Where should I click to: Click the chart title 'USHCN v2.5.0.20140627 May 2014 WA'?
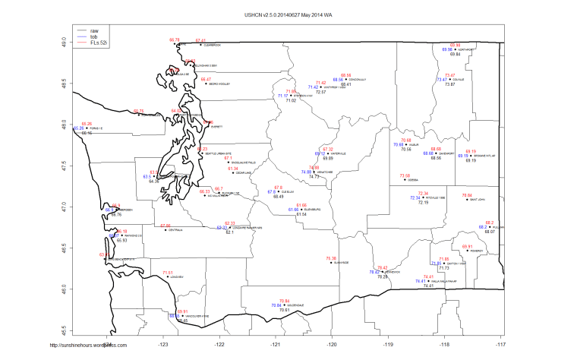click(288, 14)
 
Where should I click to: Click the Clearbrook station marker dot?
click(200, 46)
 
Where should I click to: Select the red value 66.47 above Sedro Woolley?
click(206, 78)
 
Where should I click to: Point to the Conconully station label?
click(358, 79)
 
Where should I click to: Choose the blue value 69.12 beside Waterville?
click(320, 153)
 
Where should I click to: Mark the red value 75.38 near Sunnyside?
click(331, 258)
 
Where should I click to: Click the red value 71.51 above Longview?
click(168, 272)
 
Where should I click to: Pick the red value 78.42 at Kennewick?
click(383, 267)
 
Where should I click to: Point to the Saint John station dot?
click(467, 200)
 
